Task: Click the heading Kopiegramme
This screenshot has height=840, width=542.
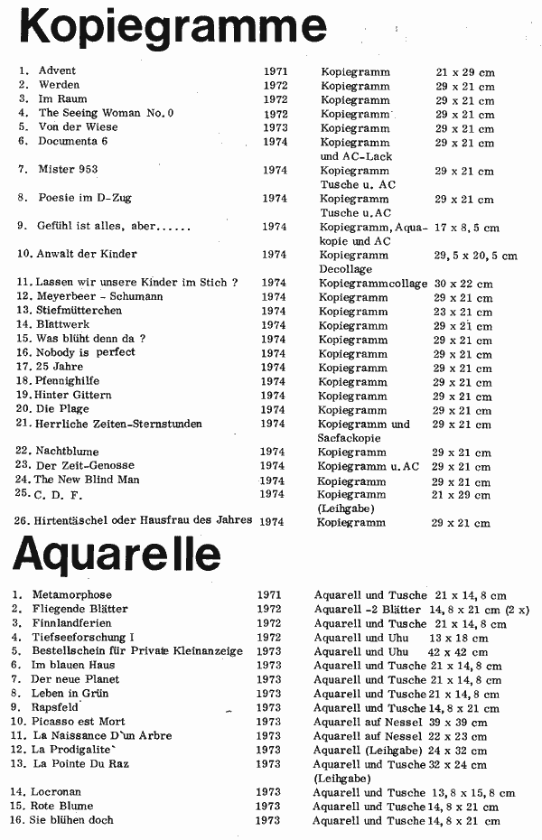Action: click(173, 26)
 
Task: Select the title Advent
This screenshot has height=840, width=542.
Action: click(57, 70)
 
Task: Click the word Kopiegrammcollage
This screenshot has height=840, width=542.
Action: click(373, 283)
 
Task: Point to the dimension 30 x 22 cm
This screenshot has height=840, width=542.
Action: click(463, 283)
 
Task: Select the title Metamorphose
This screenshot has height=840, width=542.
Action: click(72, 595)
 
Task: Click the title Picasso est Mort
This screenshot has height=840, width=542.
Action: click(79, 722)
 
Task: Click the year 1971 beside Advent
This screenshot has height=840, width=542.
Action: click(276, 70)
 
